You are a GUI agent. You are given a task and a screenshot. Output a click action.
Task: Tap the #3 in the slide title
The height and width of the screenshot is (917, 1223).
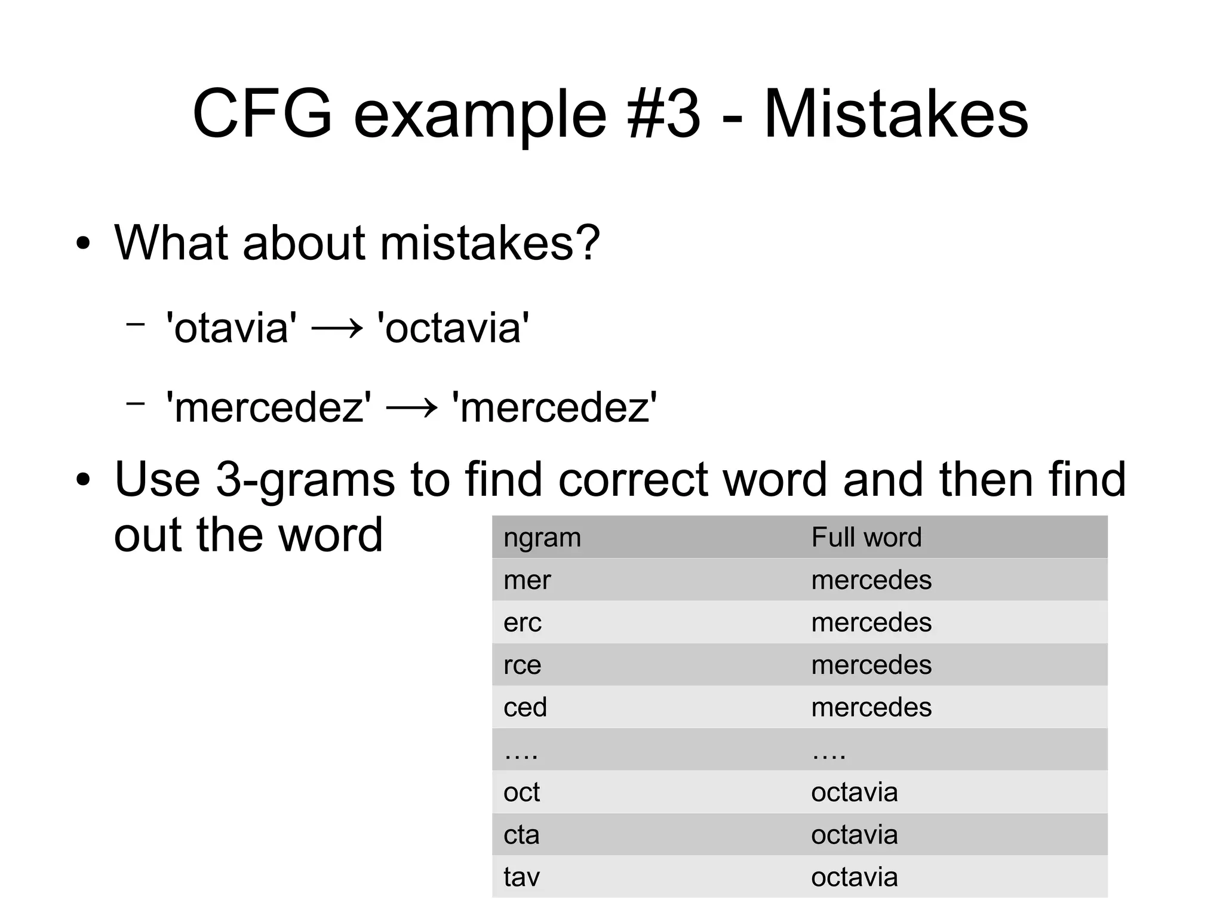(x=663, y=114)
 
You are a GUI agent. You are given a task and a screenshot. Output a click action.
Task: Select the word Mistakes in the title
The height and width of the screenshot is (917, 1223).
(x=896, y=114)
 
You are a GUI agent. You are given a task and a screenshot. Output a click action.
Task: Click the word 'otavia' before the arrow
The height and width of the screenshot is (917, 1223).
(x=231, y=328)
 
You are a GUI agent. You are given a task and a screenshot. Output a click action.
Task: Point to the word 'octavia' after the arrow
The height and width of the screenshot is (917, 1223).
(x=453, y=328)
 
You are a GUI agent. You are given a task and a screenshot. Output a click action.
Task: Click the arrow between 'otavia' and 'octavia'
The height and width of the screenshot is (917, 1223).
(x=337, y=329)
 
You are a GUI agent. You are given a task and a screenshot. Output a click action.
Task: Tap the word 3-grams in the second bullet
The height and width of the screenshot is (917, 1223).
(x=305, y=479)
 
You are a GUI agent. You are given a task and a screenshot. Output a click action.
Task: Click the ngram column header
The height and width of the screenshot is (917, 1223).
(x=542, y=537)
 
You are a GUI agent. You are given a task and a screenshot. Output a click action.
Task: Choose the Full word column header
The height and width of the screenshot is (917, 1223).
(x=866, y=537)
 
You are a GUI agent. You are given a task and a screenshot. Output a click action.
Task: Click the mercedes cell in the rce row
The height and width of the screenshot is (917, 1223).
(x=871, y=665)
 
